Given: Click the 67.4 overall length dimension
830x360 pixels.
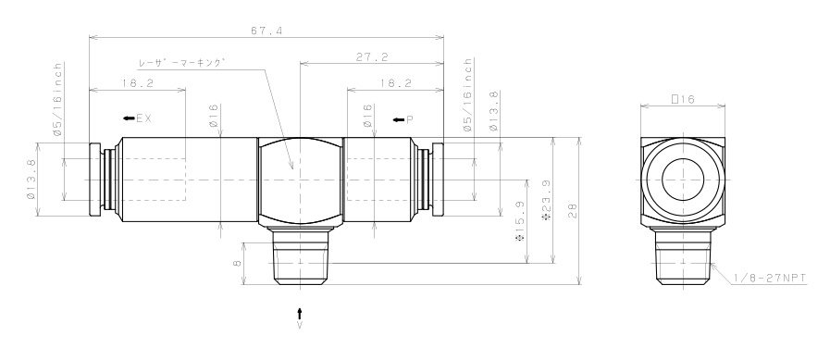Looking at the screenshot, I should [x=266, y=31].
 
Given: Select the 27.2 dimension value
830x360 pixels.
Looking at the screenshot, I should [x=371, y=57].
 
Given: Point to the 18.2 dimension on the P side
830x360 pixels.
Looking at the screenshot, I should [x=395, y=82].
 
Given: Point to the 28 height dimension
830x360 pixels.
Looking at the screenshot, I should [x=573, y=213].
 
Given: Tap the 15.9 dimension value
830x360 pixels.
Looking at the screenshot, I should [x=519, y=221].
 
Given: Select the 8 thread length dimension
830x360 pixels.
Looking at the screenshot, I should [x=237, y=263].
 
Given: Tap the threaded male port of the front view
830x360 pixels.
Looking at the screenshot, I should [x=300, y=258].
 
